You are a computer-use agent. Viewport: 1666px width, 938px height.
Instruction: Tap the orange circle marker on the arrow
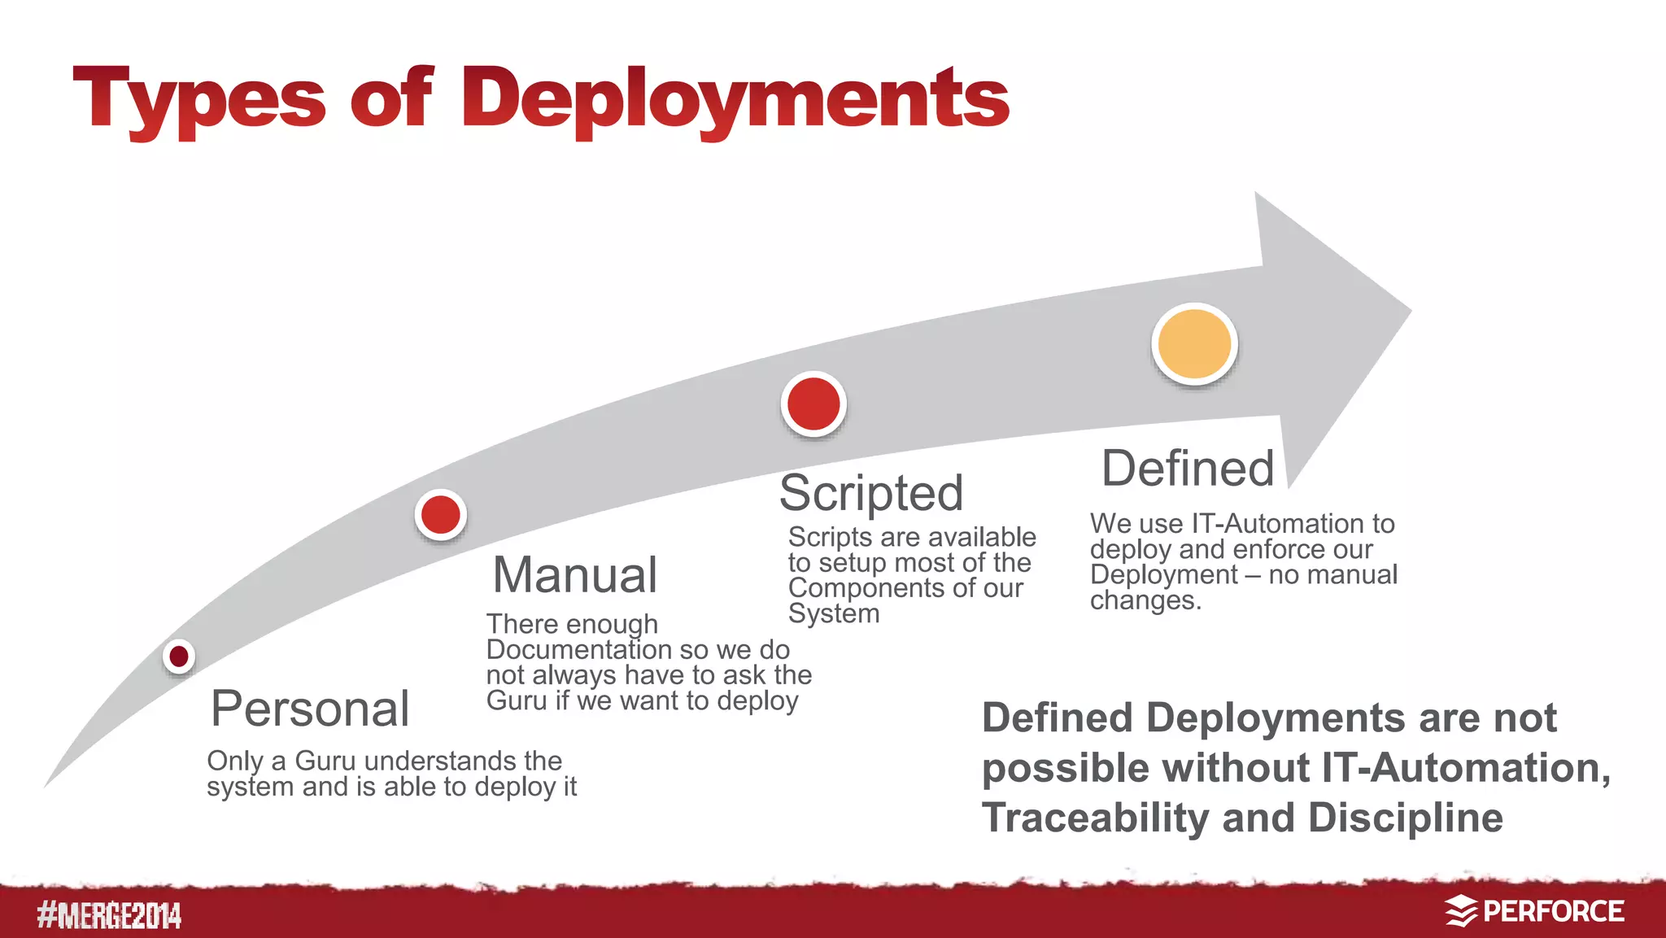pos(1194,344)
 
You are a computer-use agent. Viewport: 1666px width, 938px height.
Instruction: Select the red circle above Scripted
pos(813,404)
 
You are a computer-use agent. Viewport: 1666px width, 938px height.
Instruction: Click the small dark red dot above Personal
pos(179,656)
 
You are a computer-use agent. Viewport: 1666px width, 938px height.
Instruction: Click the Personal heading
pos(310,709)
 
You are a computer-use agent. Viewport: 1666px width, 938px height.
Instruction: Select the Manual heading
pos(574,574)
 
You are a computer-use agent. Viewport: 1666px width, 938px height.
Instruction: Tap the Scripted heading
pos(871,493)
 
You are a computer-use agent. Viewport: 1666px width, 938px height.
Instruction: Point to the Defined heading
pos(1188,469)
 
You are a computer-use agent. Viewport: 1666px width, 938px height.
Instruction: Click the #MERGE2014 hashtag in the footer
pos(109,915)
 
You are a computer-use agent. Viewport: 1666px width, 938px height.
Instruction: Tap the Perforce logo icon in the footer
pos(1461,911)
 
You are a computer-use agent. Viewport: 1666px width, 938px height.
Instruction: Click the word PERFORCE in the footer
pos(1553,911)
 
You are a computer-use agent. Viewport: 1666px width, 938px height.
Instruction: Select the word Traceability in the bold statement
pos(1095,818)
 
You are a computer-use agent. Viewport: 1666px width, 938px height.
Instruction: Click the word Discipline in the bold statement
pos(1405,818)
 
